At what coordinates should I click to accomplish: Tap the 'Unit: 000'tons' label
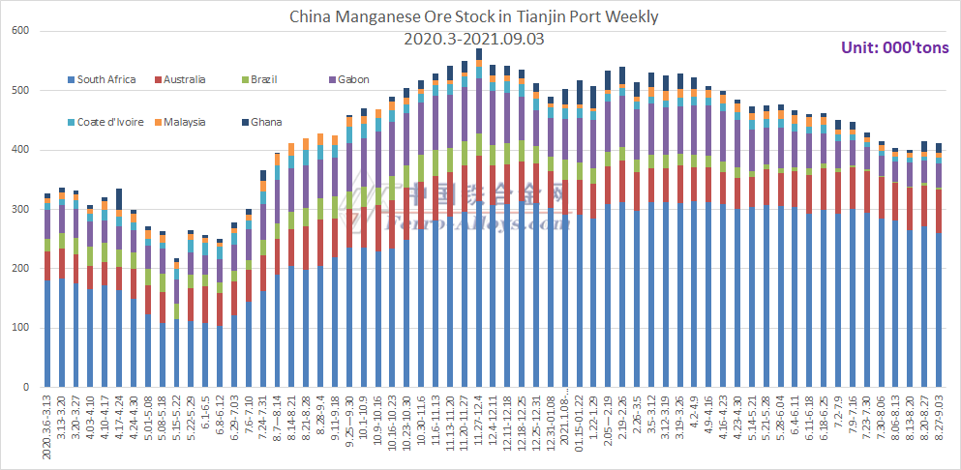[893, 48]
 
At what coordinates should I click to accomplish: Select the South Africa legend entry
[105, 79]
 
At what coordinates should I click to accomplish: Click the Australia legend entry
[184, 79]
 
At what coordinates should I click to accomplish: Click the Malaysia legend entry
[184, 122]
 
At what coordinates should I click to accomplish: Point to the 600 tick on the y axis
[20, 32]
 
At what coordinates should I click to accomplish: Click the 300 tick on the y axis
[20, 210]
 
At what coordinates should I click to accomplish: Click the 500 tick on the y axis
[20, 91]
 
